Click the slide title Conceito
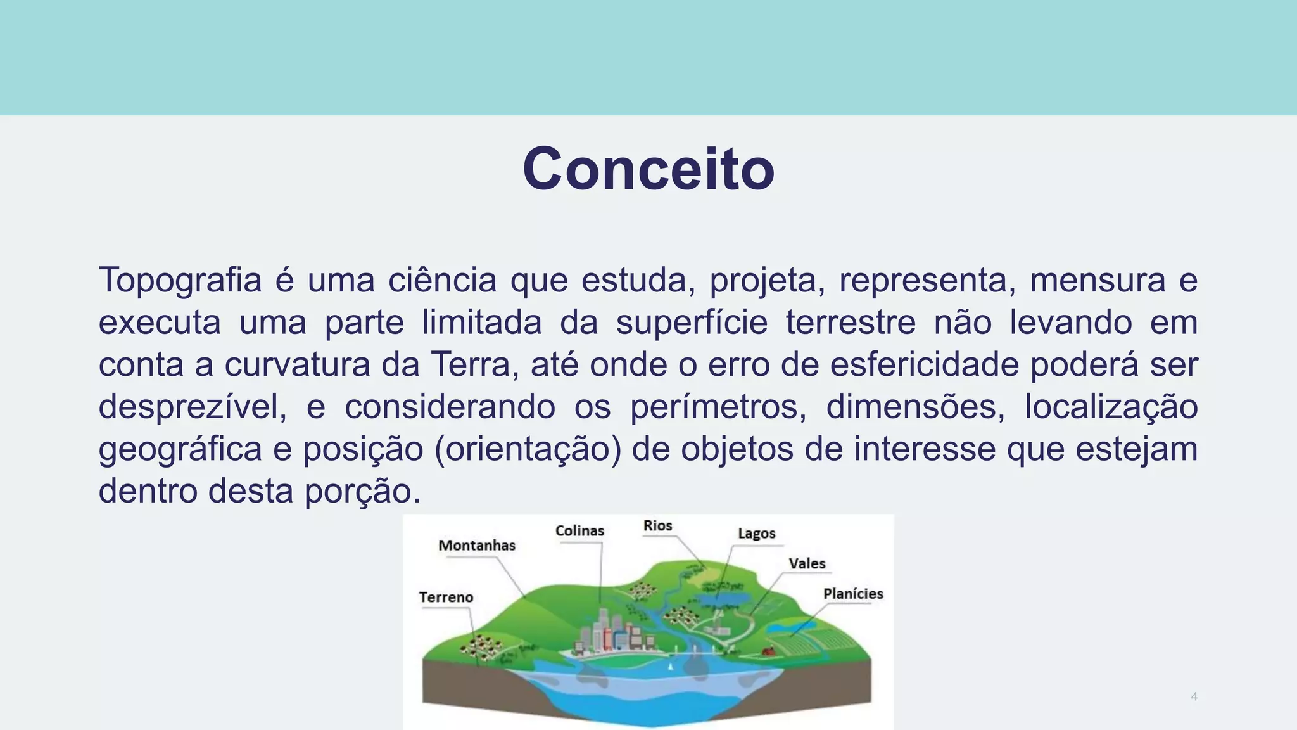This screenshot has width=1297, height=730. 648,169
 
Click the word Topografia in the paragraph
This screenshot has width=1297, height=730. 180,280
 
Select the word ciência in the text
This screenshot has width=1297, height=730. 442,280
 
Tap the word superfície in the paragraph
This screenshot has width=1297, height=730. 692,322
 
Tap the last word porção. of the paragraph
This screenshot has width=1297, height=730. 362,490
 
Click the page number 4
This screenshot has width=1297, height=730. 1194,696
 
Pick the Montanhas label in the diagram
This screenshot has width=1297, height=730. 477,546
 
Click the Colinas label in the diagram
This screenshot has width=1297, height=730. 579,531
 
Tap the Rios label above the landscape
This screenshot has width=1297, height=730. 657,526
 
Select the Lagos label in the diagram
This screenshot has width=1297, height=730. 756,534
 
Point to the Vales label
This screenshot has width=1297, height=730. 807,563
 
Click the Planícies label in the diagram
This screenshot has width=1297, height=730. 852,594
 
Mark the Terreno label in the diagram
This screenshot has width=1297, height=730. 446,598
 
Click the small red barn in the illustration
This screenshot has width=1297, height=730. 769,650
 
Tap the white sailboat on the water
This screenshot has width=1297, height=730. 671,667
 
